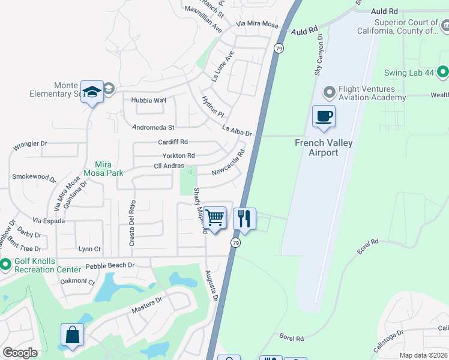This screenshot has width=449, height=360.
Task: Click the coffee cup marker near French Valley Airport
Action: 324,116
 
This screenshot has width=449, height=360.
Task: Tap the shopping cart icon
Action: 214,218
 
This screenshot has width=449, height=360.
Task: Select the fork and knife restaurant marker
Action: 244,218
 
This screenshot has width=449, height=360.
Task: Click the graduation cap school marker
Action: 92,92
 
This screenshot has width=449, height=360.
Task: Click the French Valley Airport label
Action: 324,148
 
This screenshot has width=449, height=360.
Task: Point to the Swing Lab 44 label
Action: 408,73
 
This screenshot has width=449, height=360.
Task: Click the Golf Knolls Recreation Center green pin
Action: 5,264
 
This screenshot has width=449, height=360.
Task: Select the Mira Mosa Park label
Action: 109,169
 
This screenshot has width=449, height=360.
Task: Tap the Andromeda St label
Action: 153,127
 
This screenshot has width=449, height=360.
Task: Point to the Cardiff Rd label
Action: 173,142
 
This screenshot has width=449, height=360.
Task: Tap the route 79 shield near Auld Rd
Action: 279,48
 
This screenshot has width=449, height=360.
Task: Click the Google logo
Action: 20,353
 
